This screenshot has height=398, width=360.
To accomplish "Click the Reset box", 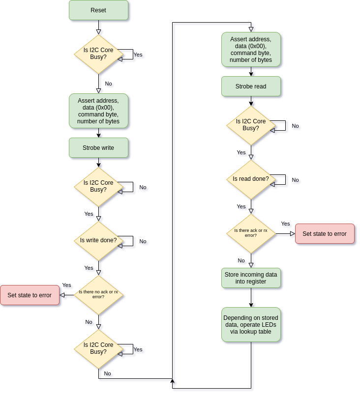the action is tap(98, 10).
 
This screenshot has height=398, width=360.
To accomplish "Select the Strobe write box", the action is tap(98, 148).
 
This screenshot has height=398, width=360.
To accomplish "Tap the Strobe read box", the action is tap(251, 86).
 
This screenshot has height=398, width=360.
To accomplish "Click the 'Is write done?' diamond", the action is tap(98, 241).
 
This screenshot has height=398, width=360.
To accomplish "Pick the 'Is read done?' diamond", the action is tap(251, 179).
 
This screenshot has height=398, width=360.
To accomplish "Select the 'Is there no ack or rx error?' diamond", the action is tap(98, 295).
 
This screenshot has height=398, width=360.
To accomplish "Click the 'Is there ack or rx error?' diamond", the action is tap(251, 233).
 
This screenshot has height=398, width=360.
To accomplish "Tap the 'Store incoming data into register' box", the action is tap(251, 278).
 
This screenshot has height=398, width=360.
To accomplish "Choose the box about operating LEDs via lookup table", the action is tap(251, 325).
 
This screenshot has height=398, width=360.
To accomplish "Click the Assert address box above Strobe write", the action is tap(98, 111).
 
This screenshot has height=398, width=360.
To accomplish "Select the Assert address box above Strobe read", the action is tap(251, 50).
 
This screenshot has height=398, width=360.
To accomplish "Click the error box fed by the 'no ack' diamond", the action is tap(30, 295).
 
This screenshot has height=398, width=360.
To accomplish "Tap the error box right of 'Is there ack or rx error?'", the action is tap(325, 234).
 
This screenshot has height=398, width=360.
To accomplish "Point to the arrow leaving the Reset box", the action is tap(98, 27).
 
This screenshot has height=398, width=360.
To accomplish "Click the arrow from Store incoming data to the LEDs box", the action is tap(251, 297).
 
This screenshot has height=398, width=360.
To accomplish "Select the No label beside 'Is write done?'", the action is tap(143, 241).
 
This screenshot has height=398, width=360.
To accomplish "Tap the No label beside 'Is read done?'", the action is tap(295, 180).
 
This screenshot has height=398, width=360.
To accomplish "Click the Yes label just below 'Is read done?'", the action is tap(241, 206).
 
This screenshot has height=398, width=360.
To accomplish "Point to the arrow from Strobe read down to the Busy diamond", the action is tap(251, 101).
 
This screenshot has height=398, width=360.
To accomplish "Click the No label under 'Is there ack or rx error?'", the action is tap(241, 260).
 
